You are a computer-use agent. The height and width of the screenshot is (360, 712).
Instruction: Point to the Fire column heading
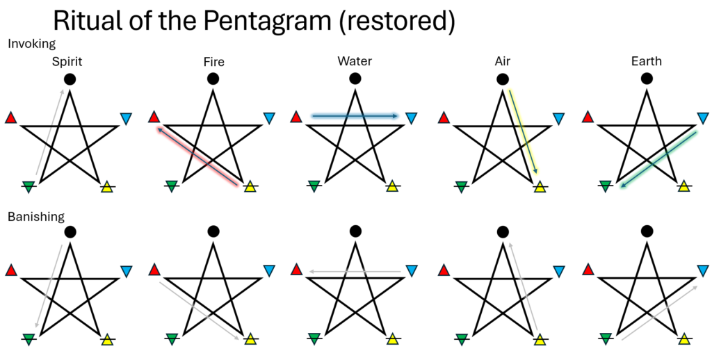coord(213,62)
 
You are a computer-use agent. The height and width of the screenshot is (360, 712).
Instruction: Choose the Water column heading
coord(354,62)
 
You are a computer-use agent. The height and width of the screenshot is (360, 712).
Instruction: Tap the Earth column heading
coord(647,62)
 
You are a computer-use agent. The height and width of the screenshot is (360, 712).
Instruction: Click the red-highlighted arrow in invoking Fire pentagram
coord(200,156)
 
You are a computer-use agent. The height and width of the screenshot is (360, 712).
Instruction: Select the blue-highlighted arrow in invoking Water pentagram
coord(355,116)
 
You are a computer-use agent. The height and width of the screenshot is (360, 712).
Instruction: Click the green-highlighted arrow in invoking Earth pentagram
coord(658,158)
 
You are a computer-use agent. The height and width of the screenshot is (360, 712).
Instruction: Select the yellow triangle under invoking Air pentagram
coord(540,186)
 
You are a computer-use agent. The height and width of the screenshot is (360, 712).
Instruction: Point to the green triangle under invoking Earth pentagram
coord(605,186)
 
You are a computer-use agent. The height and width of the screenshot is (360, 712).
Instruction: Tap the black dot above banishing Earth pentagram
coord(647,231)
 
